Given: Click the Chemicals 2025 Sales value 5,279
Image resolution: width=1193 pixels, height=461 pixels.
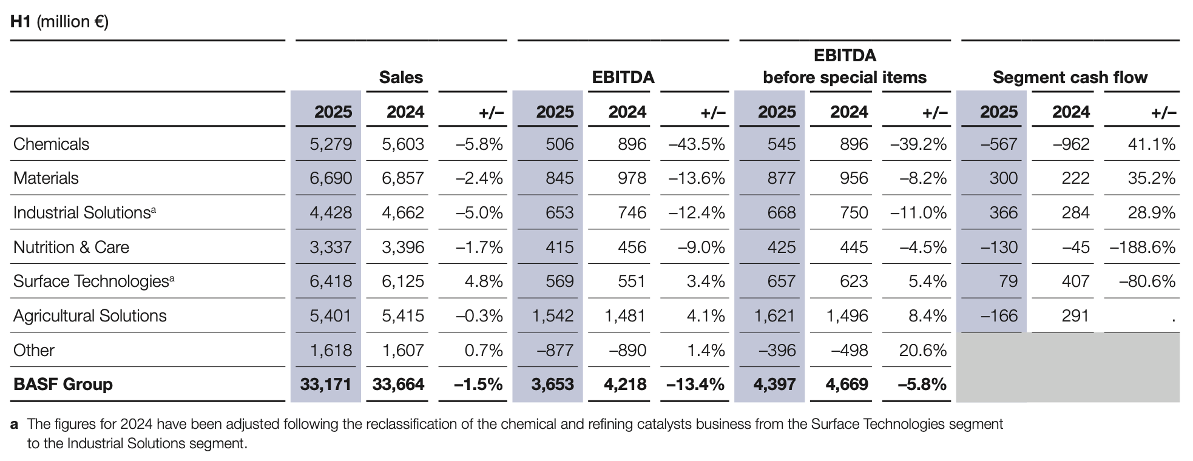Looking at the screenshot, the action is coord(331,144).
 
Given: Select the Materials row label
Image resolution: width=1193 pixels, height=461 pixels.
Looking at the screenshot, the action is coord(46,178).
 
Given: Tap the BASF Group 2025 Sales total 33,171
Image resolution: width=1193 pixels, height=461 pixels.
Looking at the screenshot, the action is coord(326,384).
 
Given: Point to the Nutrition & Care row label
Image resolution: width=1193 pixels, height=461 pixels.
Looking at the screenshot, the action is coord(71,247).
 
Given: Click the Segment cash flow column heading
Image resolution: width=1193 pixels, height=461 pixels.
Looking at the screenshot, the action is coord(1070,78).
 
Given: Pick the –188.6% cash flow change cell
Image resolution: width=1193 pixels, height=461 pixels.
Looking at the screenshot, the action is coord(1143,247).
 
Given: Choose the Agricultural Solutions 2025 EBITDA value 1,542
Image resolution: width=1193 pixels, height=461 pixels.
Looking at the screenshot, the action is coord(553,315).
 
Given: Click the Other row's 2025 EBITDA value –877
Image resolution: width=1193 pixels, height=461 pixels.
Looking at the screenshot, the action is coord(555,350).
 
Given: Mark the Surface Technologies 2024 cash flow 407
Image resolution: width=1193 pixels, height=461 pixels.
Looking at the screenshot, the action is coord(1076,281).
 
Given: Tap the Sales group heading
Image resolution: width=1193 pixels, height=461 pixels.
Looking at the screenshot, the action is coord(401,78).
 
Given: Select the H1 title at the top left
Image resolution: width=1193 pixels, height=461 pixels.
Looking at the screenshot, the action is coord(59,22).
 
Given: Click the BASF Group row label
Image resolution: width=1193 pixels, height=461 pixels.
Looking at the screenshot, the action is coord(63,384).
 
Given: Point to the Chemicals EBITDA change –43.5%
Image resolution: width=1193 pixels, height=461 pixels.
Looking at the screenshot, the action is coord(697,144).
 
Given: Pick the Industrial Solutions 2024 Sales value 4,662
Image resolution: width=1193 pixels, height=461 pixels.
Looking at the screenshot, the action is coord(403,212).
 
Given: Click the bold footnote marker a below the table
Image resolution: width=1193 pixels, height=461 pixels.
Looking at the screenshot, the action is coord(14,424).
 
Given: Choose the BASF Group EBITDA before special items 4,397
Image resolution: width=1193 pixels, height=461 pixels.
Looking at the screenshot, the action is coord(774,384).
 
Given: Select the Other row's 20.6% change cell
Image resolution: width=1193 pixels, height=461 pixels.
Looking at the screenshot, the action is coord(923,350).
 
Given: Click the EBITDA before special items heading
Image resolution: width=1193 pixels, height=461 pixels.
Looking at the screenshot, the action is coord(845,67).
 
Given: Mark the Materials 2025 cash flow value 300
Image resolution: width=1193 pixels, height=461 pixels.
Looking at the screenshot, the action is coord(1004,178).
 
